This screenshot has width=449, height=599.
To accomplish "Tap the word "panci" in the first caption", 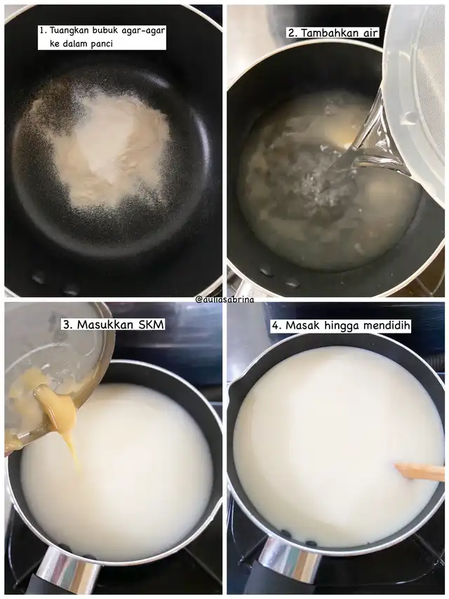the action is pyautogui.click(x=102, y=44).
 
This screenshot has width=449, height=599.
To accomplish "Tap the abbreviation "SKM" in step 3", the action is pyautogui.click(x=148, y=324).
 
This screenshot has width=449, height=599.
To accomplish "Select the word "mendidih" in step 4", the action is pyautogui.click(x=387, y=326).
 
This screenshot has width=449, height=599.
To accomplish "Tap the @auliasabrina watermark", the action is pyautogui.click(x=224, y=299).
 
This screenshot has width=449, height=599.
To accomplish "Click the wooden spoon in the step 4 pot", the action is pyautogui.click(x=420, y=472).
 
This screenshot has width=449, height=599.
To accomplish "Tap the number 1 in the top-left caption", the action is pyautogui.click(x=42, y=31).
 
